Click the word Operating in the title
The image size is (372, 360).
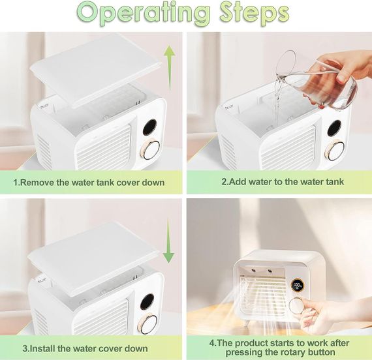point(144,12)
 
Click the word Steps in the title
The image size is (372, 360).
point(255,13)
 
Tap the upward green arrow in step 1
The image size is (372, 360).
point(170,68)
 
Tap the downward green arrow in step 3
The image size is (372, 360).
point(168,241)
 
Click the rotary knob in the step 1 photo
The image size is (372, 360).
point(151,149)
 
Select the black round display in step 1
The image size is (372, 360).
point(149,127)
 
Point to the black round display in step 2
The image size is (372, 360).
point(334,128)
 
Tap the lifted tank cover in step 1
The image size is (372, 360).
point(95,70)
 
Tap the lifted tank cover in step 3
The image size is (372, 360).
point(93,258)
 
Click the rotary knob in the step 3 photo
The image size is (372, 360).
point(148,323)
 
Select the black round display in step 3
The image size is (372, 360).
point(147,302)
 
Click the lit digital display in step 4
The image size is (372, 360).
point(298,285)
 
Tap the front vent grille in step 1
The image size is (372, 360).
point(104,147)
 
